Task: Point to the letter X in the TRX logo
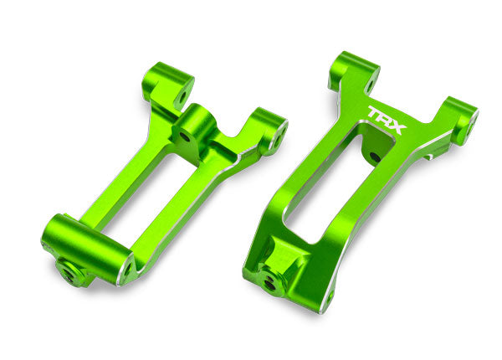point(397,127)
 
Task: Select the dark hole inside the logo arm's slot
point(373,157)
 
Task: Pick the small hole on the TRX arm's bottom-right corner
point(329,296)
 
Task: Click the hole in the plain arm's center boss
point(183,134)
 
